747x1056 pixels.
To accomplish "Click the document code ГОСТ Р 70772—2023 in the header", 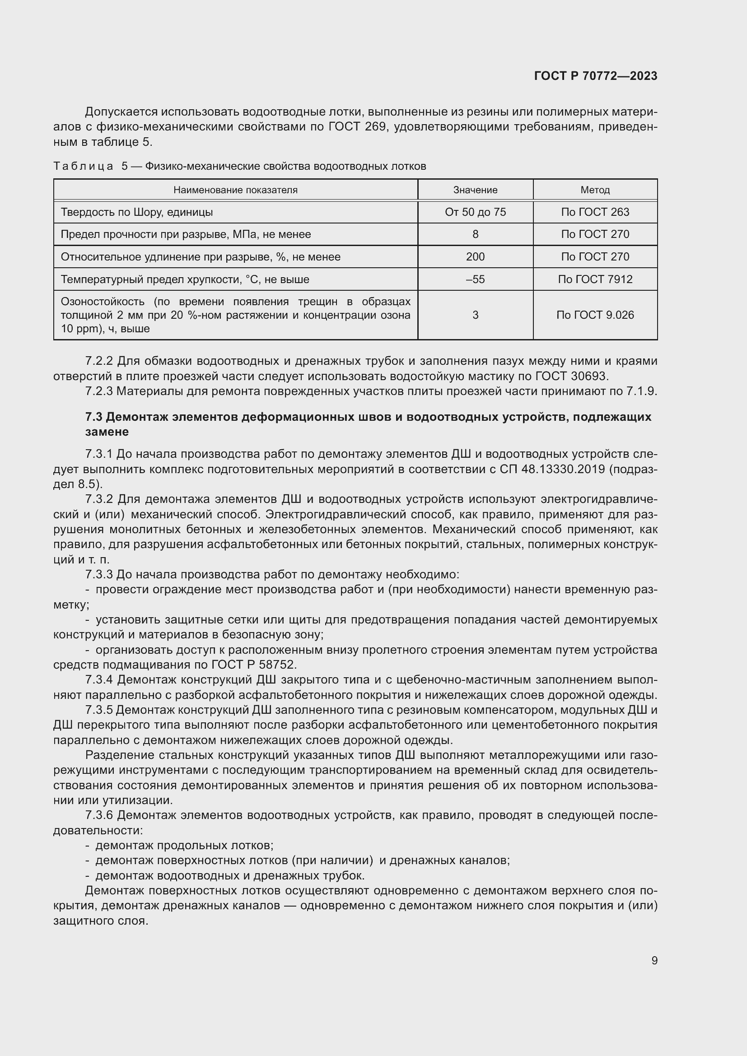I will (x=596, y=76).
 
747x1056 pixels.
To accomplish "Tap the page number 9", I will (x=654, y=960).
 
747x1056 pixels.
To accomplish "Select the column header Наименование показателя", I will (x=235, y=190).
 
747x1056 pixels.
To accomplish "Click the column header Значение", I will (x=475, y=190).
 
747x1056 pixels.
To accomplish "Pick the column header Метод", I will (x=595, y=190).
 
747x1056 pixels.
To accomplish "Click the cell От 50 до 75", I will (x=475, y=212).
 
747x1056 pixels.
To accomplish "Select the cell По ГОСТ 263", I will (x=595, y=212).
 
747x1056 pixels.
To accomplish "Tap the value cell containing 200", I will (x=475, y=256).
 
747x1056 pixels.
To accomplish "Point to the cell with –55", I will (x=475, y=279).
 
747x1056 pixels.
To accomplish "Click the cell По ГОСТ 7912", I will (x=595, y=279).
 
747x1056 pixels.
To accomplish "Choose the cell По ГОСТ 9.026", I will (x=595, y=315).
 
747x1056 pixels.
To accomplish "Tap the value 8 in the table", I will (x=475, y=234).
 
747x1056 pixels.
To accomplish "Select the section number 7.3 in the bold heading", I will (x=94, y=417).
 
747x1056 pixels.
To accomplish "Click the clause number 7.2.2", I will (x=99, y=361).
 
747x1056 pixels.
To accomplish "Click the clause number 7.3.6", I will (x=99, y=815).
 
